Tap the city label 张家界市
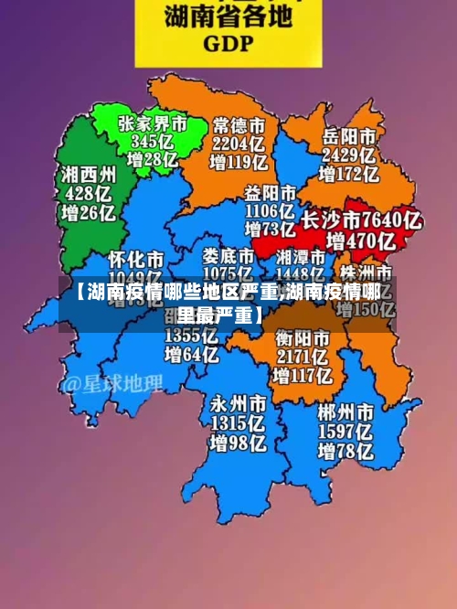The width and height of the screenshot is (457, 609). point(153,123)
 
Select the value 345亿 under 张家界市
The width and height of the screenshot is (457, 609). point(153,142)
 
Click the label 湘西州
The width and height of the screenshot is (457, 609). point(89,174)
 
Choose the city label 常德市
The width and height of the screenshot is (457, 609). point(239,123)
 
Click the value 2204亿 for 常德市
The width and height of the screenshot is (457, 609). point(239,143)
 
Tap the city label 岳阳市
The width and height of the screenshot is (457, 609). point(349,134)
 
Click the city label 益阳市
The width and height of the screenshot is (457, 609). point(271,193)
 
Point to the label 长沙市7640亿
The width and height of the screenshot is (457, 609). point(361,220)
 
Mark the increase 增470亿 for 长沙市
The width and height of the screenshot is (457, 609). point(361,241)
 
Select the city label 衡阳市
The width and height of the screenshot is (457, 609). point(303,338)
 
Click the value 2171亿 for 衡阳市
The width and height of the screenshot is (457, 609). point(303,357)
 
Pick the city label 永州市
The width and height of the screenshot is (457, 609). point(239,403)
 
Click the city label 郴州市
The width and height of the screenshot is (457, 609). point(346,411)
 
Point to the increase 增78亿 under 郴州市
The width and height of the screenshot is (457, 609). point(346,451)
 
